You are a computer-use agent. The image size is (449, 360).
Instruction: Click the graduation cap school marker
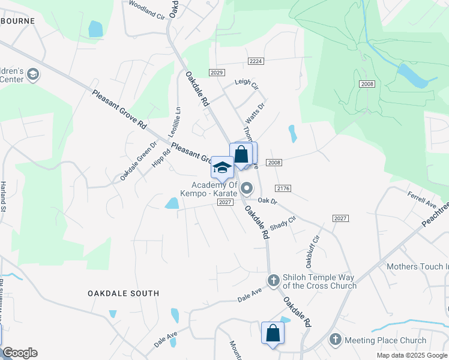[x=222, y=167]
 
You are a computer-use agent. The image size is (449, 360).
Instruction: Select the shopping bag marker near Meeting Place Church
[x=273, y=334]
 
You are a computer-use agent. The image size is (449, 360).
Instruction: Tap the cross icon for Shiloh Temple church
[x=273, y=280]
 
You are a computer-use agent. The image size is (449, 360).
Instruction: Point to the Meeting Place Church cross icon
[x=336, y=340]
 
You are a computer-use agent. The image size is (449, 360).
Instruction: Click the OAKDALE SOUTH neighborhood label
[x=124, y=293]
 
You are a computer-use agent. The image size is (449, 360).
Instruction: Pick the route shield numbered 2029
[x=217, y=72]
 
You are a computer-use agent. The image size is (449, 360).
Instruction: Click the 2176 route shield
[x=284, y=188]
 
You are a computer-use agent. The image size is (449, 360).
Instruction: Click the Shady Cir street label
[x=283, y=224]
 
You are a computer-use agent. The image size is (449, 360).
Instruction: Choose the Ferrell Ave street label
[x=422, y=201]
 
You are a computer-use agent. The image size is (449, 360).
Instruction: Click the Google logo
[x=20, y=353]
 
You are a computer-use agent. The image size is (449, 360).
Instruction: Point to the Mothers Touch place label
[x=417, y=266]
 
